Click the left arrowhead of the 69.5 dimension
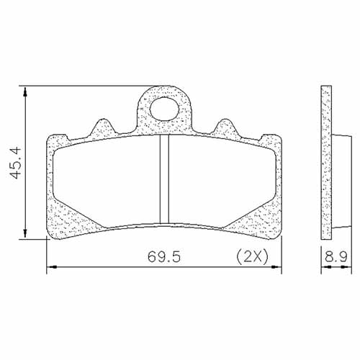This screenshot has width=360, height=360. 51,269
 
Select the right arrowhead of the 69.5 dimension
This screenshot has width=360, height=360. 276,269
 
